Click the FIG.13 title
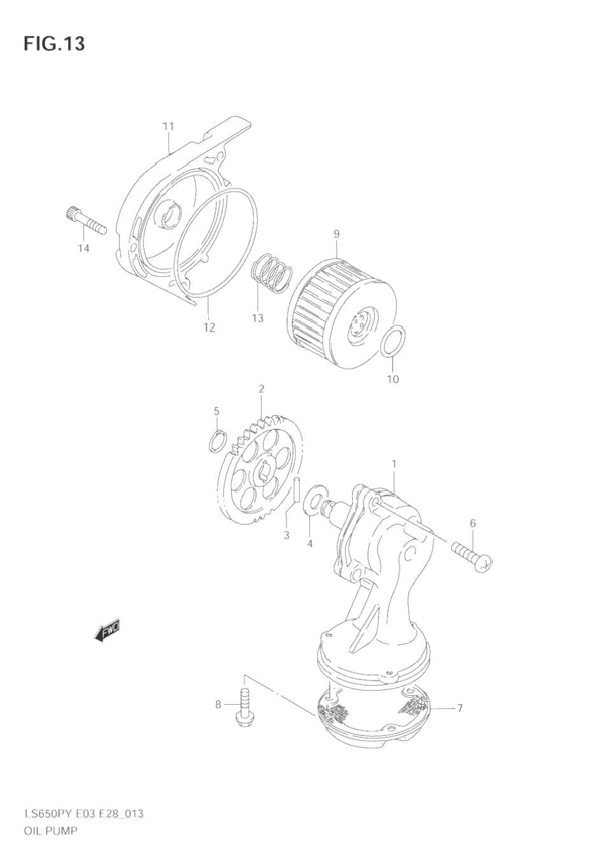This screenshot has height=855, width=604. click(54, 44)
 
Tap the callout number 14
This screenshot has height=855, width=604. click(83, 248)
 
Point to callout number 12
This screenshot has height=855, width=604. click(209, 327)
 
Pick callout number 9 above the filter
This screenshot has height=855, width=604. click(337, 234)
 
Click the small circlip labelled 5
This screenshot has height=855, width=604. click(216, 441)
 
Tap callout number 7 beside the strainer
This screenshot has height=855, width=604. click(460, 708)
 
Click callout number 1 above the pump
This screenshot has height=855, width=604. click(394, 464)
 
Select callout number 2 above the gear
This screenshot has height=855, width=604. click(261, 388)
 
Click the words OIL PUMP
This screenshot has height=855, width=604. click(50, 831)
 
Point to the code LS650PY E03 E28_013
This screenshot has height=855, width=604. click(83, 814)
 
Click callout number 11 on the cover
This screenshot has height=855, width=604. click(168, 126)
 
